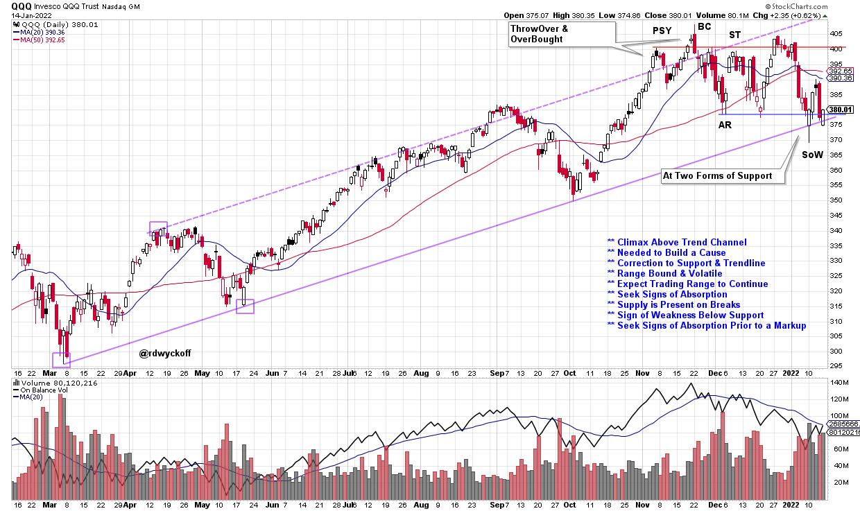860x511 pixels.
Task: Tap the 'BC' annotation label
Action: coord(705,27)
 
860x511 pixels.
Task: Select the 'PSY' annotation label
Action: coord(662,31)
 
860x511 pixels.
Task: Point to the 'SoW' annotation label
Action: coord(812,155)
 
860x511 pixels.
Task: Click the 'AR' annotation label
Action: coord(725,125)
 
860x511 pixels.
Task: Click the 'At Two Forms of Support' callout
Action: coord(717,175)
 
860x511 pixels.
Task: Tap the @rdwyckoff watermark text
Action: coord(164,353)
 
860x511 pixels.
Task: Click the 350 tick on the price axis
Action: coord(836,200)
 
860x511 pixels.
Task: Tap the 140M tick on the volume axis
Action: coord(841,383)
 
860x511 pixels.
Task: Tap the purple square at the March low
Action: coord(62,359)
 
